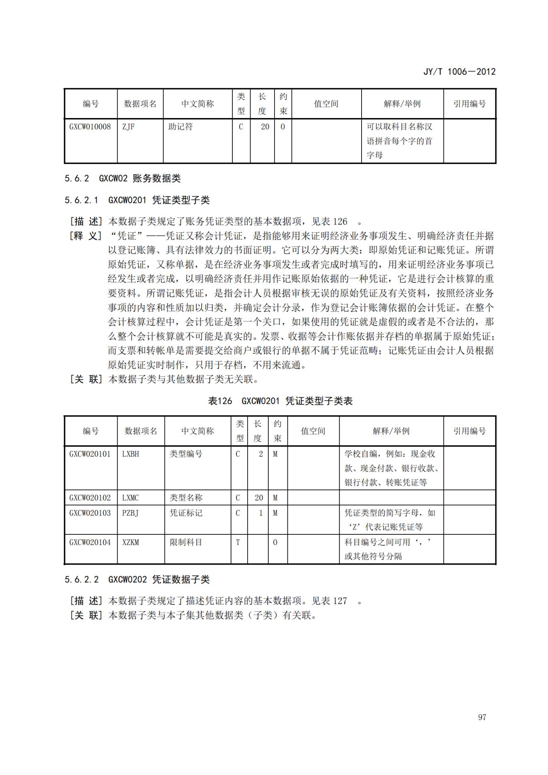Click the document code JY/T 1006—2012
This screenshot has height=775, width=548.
459,72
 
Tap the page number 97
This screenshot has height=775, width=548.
482,717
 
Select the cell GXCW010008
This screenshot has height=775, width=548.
90,127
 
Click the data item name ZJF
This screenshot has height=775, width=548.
128,127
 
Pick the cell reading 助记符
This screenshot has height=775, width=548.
181,127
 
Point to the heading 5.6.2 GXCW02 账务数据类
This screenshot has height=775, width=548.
123,179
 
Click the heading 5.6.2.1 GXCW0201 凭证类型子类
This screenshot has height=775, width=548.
137,200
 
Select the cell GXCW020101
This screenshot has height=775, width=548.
90,454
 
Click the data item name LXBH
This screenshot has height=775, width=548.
130,454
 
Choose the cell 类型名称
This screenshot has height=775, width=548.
186,497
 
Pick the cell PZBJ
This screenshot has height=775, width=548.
130,513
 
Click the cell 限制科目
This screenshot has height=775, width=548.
186,542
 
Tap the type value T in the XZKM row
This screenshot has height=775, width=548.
238,542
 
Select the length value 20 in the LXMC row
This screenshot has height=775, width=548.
259,497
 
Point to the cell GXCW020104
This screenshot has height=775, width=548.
90,542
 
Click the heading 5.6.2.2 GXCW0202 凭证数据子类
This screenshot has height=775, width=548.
137,579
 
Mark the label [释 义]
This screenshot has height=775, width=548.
86,236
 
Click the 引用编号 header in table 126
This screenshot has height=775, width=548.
469,431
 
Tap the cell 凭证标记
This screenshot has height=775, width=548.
186,513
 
